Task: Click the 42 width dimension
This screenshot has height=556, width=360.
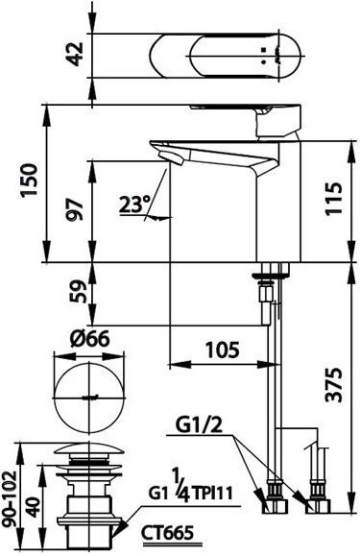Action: [x=76, y=54]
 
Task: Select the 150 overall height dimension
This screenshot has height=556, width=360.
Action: [x=29, y=181]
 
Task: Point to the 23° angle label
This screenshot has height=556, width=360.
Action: [x=134, y=205]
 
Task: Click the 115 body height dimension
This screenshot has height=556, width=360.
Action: [x=333, y=198]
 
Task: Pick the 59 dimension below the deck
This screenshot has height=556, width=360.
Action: [x=77, y=292]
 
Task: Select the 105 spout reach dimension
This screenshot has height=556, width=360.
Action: [x=223, y=350]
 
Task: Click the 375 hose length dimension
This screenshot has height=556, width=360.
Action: [x=334, y=385]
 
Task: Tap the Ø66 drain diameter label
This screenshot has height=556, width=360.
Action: [x=89, y=340]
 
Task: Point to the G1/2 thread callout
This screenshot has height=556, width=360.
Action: [x=200, y=425]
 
